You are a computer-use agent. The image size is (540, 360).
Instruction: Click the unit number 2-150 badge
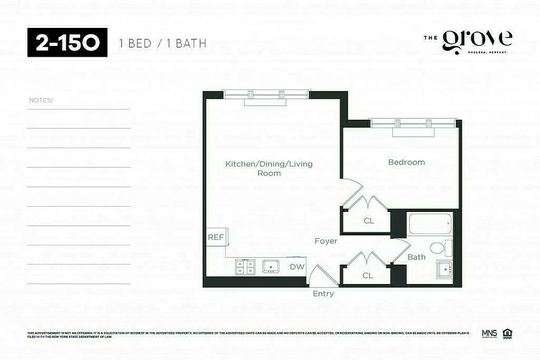(68, 42)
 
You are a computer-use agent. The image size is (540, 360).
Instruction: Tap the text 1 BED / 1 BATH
(163, 44)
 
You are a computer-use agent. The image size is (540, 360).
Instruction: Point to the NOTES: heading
(41, 100)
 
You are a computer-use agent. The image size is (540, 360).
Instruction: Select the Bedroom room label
(406, 162)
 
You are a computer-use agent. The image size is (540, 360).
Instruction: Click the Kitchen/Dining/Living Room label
(269, 168)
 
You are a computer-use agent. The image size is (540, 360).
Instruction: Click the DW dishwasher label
(297, 267)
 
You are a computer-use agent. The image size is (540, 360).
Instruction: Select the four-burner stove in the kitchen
(245, 267)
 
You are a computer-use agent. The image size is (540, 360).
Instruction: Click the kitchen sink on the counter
(271, 266)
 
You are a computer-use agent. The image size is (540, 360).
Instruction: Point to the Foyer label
(326, 241)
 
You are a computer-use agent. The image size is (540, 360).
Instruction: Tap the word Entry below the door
(323, 294)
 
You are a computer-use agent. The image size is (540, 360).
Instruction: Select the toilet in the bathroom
(437, 248)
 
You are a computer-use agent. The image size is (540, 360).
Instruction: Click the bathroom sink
(445, 270)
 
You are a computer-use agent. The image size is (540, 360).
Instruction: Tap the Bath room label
(416, 257)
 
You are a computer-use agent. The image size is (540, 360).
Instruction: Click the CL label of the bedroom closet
(369, 221)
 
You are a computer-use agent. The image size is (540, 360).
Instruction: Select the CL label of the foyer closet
(368, 275)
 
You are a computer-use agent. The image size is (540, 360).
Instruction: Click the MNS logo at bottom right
(489, 333)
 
